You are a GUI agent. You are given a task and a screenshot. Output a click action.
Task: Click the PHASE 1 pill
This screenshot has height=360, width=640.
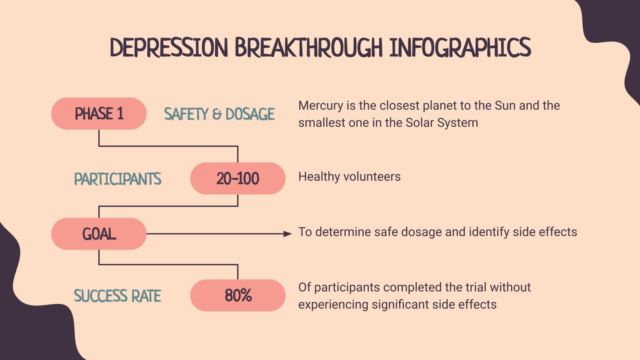[x=99, y=114]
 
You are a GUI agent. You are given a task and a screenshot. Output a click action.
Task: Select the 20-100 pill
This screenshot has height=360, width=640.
[x=238, y=178]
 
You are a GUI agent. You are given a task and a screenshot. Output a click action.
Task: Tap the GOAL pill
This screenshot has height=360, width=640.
[x=99, y=234]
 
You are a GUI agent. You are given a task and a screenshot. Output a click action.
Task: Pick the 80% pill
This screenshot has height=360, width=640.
[x=238, y=296]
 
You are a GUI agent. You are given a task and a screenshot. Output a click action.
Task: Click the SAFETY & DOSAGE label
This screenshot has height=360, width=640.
[x=219, y=114]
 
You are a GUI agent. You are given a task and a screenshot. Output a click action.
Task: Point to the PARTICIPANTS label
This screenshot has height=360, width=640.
[x=118, y=179]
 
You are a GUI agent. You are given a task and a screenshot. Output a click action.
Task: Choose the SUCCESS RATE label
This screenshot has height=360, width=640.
[x=118, y=296]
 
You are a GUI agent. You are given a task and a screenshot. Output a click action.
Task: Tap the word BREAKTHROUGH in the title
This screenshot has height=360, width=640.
[x=309, y=48]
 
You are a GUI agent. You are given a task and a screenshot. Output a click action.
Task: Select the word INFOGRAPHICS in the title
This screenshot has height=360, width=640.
[x=460, y=48]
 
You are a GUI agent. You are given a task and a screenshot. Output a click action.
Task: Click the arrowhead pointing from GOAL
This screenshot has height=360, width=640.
[x=288, y=234]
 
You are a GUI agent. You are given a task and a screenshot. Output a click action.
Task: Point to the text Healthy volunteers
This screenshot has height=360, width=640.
[x=349, y=176]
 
